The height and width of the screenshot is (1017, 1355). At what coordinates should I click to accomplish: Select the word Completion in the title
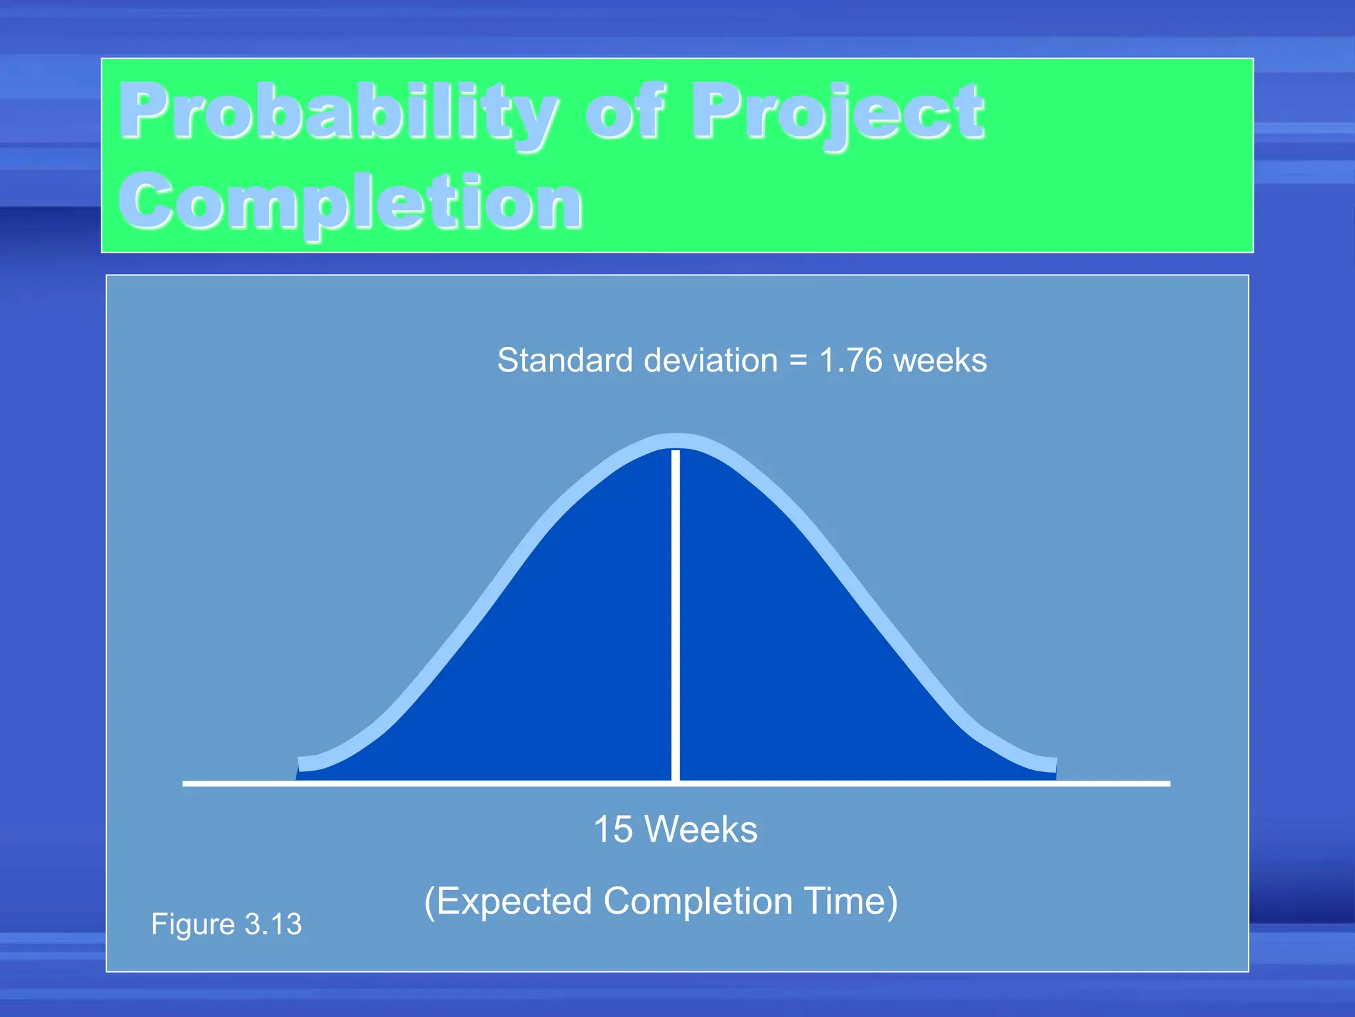pyautogui.click(x=351, y=202)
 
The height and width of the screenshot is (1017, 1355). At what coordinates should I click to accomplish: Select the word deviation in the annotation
pyautogui.click(x=711, y=361)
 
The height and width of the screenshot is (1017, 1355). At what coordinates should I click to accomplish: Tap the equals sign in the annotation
pyautogui.click(x=798, y=362)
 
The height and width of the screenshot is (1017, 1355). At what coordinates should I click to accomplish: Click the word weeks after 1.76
pyautogui.click(x=940, y=362)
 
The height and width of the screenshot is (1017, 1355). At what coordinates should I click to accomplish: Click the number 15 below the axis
pyautogui.click(x=613, y=829)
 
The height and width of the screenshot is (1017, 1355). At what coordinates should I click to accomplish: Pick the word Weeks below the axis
pyautogui.click(x=701, y=829)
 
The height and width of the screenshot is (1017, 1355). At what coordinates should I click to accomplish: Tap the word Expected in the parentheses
pyautogui.click(x=514, y=901)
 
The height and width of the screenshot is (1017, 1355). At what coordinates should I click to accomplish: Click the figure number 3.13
pyautogui.click(x=273, y=924)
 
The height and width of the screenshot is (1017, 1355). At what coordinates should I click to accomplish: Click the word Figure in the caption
pyautogui.click(x=193, y=924)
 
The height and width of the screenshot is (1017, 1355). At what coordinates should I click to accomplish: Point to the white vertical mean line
pyautogui.click(x=676, y=616)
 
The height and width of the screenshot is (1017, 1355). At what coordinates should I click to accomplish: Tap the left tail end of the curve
pyautogui.click(x=302, y=764)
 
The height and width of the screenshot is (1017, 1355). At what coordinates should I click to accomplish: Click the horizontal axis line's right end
pyautogui.click(x=1167, y=783)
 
